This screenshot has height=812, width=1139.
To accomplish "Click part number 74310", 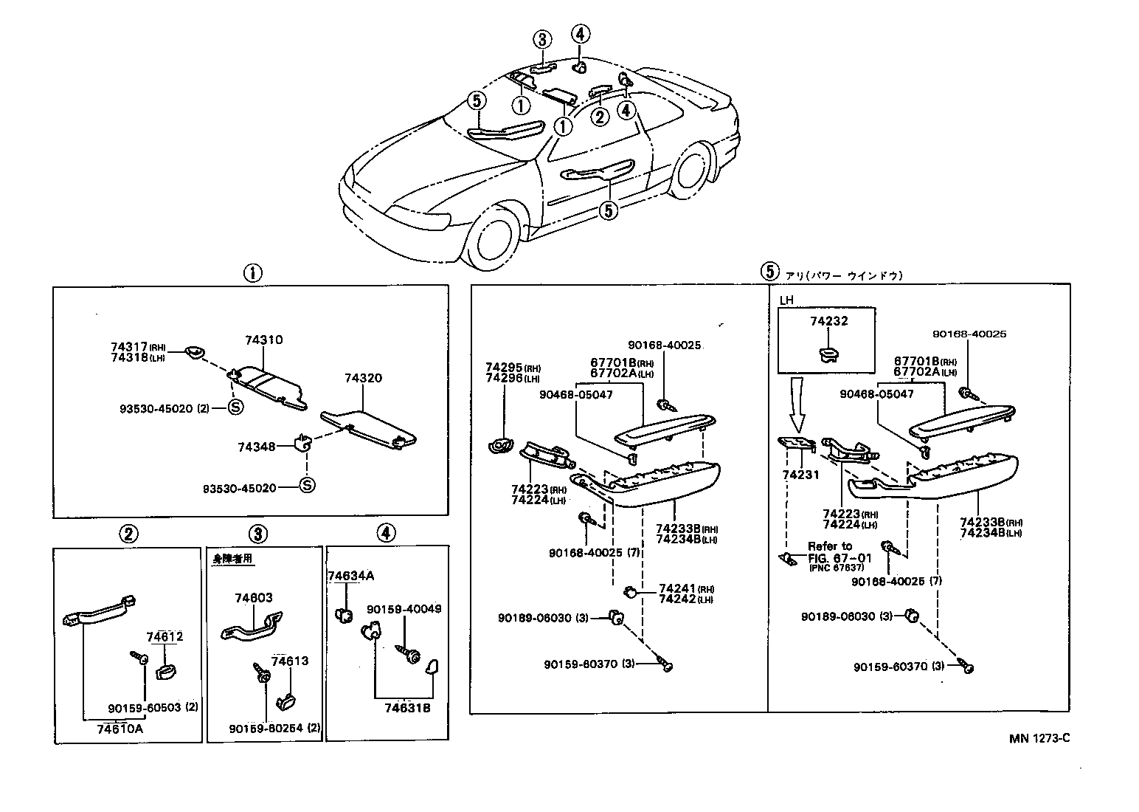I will pos(263,340).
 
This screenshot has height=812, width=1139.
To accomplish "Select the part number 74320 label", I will pos(363,378).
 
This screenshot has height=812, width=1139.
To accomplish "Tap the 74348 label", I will pos(256,447).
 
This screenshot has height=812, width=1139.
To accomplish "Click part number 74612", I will pos(165,636).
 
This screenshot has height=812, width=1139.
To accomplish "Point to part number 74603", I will pos(254,599).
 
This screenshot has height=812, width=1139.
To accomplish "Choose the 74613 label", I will pos(290,661).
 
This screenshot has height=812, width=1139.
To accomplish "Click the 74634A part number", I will pos(351,576).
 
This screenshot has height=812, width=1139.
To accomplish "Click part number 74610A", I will pos(120,729).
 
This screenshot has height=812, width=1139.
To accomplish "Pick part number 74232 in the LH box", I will pos(828,321).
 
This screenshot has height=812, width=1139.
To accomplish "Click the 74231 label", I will pos(800,475).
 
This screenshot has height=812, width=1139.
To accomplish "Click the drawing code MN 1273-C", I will pos(1039,738).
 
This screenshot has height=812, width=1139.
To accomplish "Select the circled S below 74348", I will pos(307,485).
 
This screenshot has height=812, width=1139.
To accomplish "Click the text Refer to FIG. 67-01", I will pos(830,552).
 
